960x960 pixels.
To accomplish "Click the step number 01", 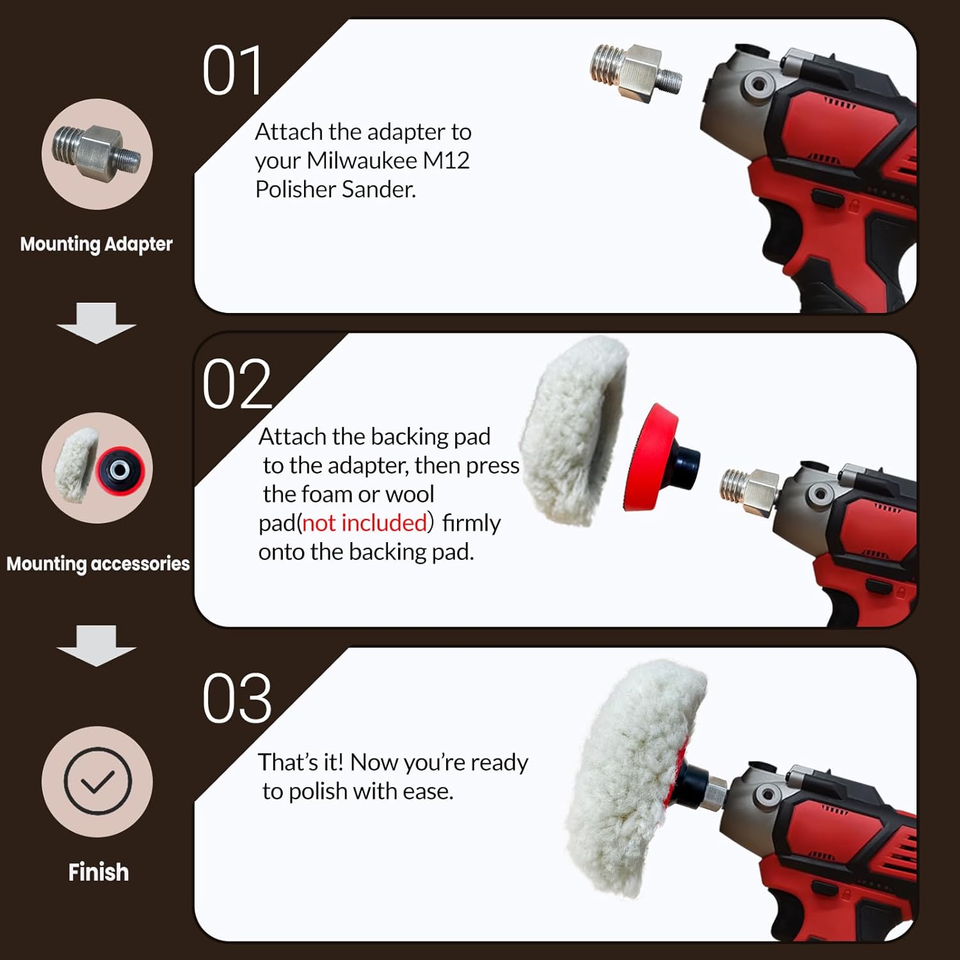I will (x=232, y=71).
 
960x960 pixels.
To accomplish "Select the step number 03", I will (x=237, y=698).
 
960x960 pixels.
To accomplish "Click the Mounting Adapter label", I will (x=96, y=244).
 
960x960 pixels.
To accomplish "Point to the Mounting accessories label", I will (x=98, y=564).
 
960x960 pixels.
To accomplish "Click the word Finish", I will (x=99, y=872).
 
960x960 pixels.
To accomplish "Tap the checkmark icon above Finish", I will (x=97, y=781).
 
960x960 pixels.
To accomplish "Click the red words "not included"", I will (x=365, y=523).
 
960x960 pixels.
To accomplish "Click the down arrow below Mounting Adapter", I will (x=96, y=323).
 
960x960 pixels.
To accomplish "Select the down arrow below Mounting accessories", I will (x=96, y=645).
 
